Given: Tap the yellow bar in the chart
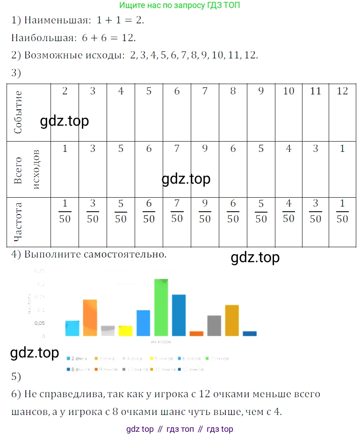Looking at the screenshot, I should tap(125, 331).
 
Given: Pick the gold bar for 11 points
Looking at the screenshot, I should tap(232, 321).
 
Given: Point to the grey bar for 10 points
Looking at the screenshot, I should tap(214, 326).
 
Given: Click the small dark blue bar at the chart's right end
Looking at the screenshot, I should tap(250, 334).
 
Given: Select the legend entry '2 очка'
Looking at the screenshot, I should tap(79, 358).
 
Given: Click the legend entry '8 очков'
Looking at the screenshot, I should tap(79, 369).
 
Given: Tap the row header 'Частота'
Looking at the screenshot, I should tap(19, 222).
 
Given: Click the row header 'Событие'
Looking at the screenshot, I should tap(19, 112).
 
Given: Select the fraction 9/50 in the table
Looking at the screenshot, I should tap(205, 212).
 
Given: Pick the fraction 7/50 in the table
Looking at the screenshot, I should tap(177, 212).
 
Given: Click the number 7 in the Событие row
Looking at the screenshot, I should tap(205, 91).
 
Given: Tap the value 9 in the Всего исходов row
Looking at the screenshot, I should tap(205, 149).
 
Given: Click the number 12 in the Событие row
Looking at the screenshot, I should tap(342, 91).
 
